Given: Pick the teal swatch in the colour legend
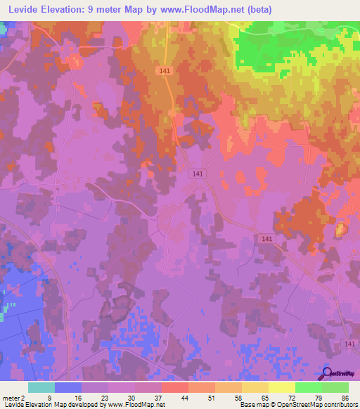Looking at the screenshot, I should (x=41, y=387).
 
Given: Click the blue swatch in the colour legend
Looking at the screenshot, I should (x=68, y=387).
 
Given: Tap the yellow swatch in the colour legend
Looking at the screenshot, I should (x=281, y=387).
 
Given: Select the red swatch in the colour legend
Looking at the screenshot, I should (x=174, y=387).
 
